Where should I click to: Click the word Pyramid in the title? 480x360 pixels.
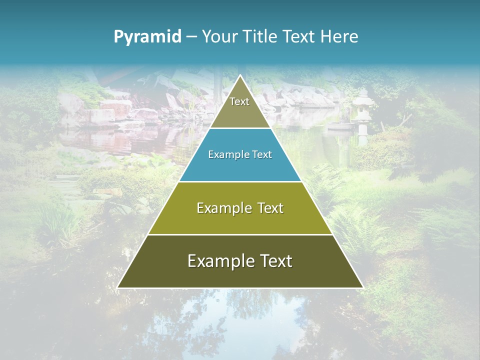point(147,36)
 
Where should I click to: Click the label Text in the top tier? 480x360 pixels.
point(239,101)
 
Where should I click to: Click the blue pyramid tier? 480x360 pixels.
point(210,167)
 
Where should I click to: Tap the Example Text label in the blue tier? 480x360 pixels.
point(240,154)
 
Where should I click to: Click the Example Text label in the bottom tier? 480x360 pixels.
point(240,261)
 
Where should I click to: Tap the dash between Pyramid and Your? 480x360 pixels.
point(191,37)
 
